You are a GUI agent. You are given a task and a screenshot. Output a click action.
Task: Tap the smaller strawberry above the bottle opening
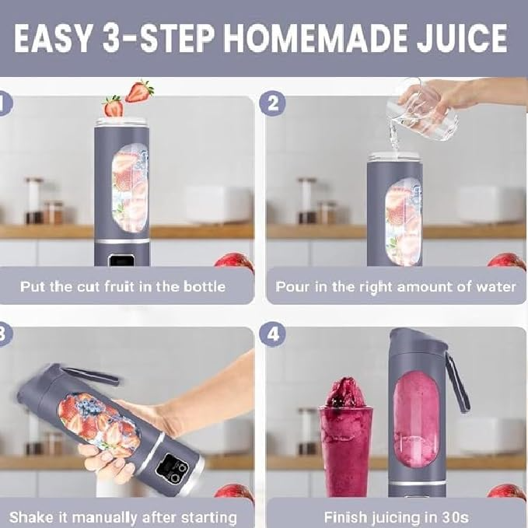click(114, 107)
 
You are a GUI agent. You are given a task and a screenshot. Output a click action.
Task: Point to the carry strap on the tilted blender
click(89, 375)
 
